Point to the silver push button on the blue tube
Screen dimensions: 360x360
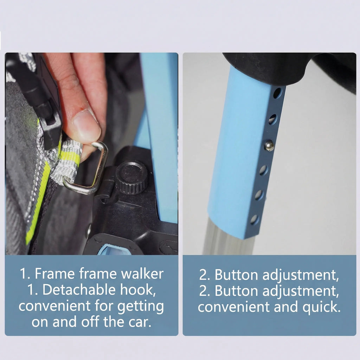(269, 145)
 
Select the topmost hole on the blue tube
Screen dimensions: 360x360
(277, 93)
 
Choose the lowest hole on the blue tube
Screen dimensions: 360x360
(254, 219)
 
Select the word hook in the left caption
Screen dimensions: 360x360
(137, 290)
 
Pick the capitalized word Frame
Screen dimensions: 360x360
(51, 274)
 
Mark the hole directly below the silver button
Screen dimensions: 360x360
(263, 170)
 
